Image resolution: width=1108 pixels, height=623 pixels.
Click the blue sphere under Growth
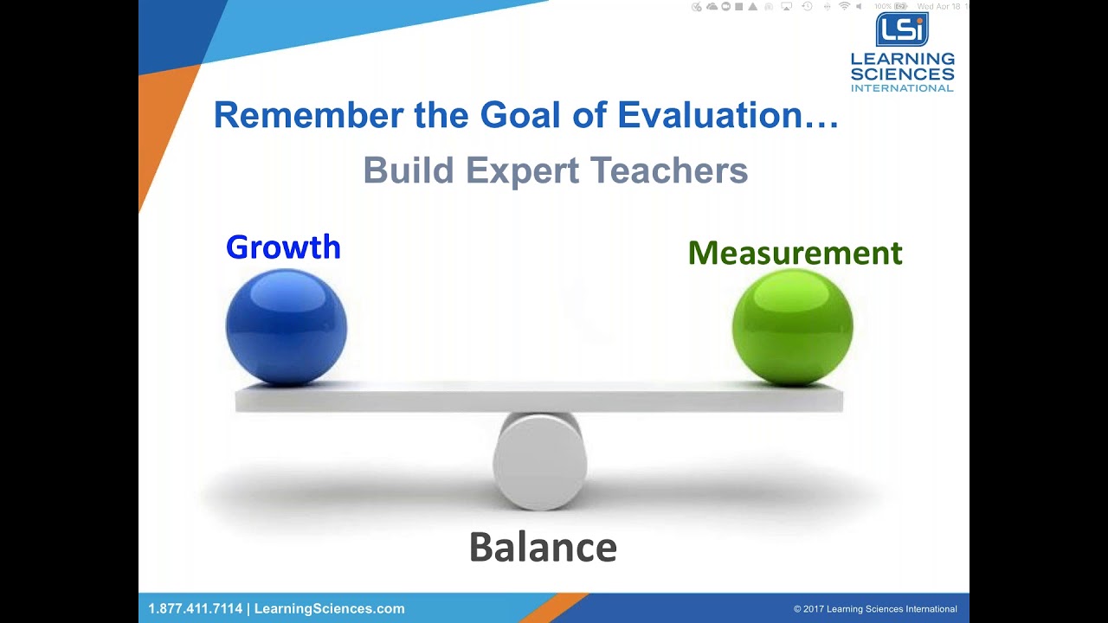coord(287,327)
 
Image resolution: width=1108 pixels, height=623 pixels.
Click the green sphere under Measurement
coord(792,327)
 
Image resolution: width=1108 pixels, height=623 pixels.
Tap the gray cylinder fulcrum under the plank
coord(539,463)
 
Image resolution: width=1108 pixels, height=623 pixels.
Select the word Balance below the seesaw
coord(543,548)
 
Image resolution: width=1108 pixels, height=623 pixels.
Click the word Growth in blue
coord(283,247)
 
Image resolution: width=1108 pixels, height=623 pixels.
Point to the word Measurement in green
coord(795,253)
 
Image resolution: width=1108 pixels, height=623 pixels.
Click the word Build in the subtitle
coord(408,170)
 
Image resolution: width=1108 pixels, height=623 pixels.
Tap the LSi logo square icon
coord(902,29)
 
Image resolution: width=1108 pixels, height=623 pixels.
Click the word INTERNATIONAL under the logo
coord(902,87)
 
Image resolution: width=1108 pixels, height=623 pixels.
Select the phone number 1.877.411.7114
coord(196,609)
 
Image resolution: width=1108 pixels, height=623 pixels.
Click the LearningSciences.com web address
coord(329,609)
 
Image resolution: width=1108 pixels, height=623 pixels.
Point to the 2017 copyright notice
coord(875,609)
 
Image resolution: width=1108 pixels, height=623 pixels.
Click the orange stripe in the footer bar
coord(554,607)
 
